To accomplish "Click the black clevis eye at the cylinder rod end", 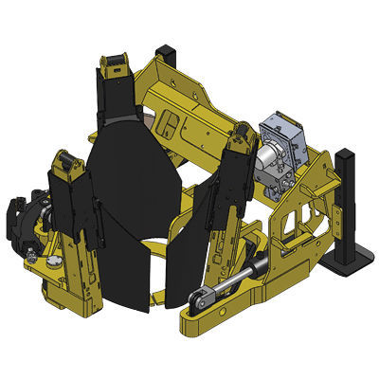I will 197,302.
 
